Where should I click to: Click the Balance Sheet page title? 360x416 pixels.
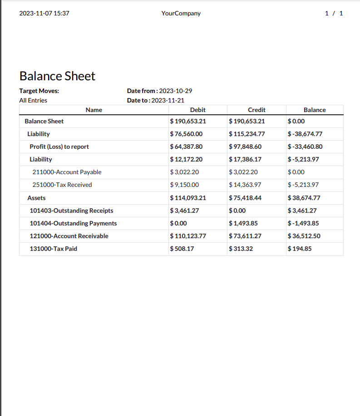(57, 76)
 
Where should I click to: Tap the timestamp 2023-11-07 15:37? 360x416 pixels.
(44, 13)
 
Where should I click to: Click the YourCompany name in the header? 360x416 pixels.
(181, 13)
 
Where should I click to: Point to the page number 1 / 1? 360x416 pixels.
(334, 13)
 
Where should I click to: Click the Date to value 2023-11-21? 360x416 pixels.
(168, 100)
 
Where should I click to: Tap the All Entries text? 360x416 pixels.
(33, 100)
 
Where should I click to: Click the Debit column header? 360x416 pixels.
(197, 110)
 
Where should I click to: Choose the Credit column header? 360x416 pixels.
(256, 110)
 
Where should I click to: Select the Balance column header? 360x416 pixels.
(315, 110)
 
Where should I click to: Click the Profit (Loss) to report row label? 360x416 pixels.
(59, 147)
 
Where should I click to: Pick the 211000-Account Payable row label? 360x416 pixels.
(67, 172)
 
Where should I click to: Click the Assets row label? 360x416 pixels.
(36, 198)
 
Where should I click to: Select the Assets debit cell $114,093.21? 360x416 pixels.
(188, 198)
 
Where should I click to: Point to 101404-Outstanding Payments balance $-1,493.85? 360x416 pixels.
(303, 223)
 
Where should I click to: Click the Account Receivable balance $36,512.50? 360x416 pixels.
(304, 236)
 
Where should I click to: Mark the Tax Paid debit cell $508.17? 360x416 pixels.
(182, 249)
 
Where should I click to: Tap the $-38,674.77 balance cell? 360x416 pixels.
(305, 134)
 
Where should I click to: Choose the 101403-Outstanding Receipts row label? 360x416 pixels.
(71, 210)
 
